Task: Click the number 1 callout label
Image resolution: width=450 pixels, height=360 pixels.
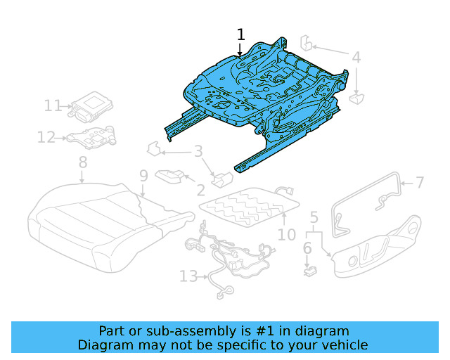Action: (x=240, y=34)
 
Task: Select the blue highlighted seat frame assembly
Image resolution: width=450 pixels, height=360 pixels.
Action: (x=260, y=98)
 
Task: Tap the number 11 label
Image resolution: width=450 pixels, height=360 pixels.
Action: (x=53, y=105)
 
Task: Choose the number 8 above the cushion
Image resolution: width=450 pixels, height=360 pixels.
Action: (x=82, y=162)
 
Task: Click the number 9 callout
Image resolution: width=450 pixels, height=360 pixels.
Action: (x=143, y=175)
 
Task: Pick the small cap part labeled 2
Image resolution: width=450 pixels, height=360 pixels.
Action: (x=171, y=176)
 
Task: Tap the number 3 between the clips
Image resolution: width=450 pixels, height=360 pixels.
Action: (x=198, y=150)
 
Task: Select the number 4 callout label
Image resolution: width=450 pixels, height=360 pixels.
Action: (x=356, y=58)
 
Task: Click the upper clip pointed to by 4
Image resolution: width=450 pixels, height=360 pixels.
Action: (x=308, y=42)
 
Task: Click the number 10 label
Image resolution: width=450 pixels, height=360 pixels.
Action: (x=286, y=233)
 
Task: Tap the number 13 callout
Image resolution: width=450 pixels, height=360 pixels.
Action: (x=188, y=277)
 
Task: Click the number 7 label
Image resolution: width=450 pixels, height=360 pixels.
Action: (x=420, y=183)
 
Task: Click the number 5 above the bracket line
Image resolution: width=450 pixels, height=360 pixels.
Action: (x=314, y=217)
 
